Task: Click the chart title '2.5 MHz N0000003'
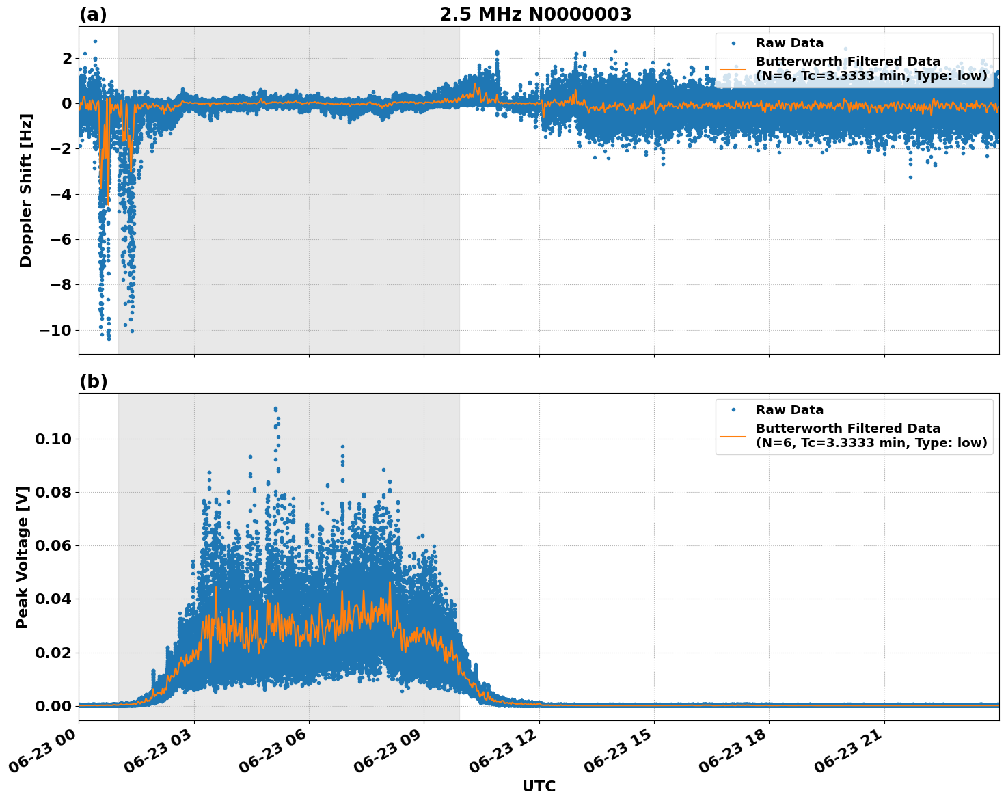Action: pos(535,14)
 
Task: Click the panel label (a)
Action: pos(93,14)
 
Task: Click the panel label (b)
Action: pos(93,381)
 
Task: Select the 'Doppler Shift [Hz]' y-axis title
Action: pos(26,190)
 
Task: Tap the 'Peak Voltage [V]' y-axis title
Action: pos(23,557)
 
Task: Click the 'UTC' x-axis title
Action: pos(539,786)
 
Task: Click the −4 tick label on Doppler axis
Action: pos(59,195)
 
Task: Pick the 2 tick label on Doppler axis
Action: pos(66,59)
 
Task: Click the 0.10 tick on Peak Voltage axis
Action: pos(53,439)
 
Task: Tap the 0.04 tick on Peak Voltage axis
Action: pos(53,599)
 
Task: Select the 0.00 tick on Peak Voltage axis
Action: pos(53,706)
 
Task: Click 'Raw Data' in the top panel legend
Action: pos(789,43)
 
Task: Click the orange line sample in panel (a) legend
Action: pos(733,68)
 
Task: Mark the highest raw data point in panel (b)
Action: pos(275,409)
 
